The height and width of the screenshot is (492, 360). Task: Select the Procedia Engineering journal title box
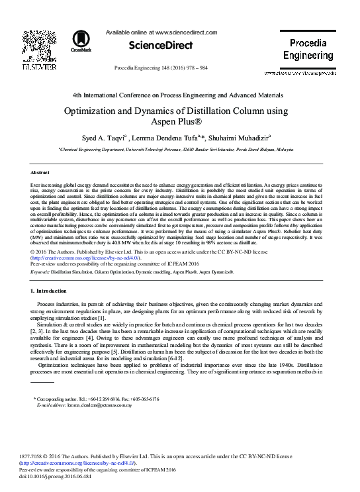[308, 49]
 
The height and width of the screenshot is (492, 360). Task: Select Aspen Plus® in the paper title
[179, 124]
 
